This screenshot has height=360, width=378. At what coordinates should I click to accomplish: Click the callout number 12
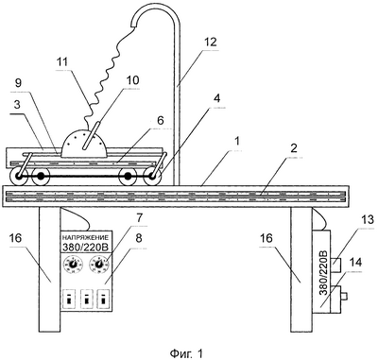pos(210,42)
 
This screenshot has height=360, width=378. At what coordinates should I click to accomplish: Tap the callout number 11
pos(63,61)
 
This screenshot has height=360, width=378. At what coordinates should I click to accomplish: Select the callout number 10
pos(131,80)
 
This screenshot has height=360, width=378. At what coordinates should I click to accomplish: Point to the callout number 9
pos(18,83)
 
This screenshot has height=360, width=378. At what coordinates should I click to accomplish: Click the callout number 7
pos(140,217)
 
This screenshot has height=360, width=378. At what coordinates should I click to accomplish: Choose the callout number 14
pos(354,263)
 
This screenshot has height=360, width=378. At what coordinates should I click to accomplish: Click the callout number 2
pos(294,148)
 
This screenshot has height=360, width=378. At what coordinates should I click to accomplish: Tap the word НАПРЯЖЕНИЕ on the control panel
pos(85,237)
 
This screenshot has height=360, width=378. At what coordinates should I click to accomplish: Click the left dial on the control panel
pos(73,265)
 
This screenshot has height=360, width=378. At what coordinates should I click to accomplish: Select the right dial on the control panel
pos(99,265)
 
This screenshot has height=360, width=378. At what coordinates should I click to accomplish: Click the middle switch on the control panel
pos(86,299)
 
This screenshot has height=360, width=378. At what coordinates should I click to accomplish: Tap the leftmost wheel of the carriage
pos(18,178)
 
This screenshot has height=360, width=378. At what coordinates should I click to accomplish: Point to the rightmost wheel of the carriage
pos(153,178)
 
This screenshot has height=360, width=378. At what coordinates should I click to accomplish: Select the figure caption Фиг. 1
pos(186,353)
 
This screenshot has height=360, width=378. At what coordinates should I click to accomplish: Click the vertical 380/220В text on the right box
pos(324,273)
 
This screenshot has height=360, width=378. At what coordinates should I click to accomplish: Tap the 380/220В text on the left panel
pos(85,248)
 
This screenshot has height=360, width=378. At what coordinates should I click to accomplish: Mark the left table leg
pos(49,269)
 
